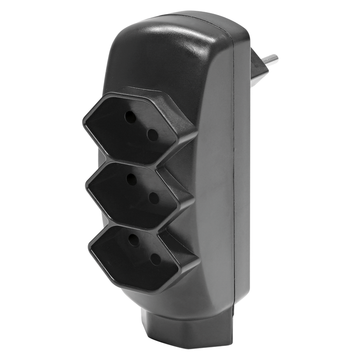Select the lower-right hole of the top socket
pyautogui.click(x=153, y=134)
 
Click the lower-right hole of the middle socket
pyautogui.click(x=154, y=197)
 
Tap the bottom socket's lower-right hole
pyautogui.click(x=155, y=259)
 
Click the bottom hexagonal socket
pyautogui.click(x=143, y=252)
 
